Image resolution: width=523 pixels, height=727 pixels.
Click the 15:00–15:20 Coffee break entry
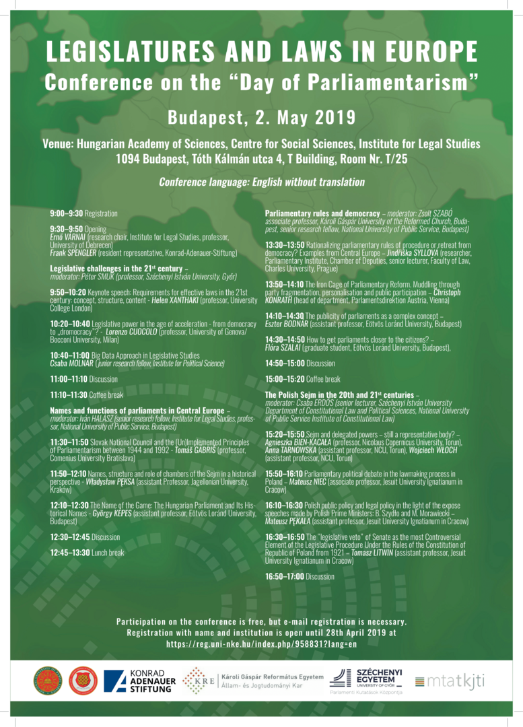pos(303,379)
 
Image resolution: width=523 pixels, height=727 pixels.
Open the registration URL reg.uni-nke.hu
pos(261,644)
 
